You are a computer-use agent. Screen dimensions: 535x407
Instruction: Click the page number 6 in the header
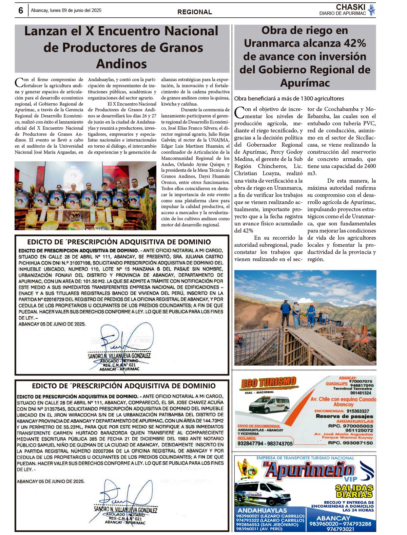point(21,11)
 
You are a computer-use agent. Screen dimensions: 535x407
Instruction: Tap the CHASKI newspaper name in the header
point(350,7)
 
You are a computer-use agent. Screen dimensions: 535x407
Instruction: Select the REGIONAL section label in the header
point(195,12)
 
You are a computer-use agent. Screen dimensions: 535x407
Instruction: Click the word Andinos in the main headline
point(121,63)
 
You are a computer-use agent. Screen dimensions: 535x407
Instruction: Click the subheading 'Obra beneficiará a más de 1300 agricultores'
point(289,98)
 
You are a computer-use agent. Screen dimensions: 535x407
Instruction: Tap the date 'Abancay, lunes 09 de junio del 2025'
point(66,11)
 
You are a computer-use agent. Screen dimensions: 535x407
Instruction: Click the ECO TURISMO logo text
point(268,383)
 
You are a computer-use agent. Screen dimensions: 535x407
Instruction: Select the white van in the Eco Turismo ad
point(270,404)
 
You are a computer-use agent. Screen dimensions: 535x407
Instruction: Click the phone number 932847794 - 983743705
point(265,443)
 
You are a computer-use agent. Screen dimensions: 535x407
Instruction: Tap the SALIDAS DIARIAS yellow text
point(354,491)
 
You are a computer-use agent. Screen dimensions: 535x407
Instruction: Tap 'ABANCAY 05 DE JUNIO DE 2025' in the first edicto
point(52,324)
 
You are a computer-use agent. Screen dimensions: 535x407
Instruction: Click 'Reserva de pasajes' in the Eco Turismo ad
point(344,416)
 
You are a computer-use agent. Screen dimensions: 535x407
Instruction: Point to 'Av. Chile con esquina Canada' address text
point(343,399)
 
